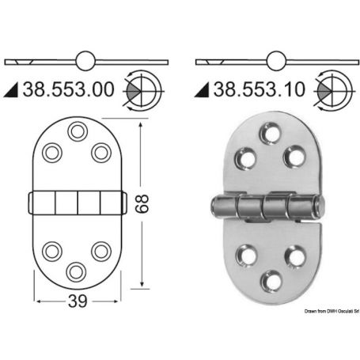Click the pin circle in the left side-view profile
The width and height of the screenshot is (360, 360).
[85, 60]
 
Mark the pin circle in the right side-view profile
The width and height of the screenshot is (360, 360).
[276, 60]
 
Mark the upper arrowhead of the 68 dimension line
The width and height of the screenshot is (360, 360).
[142, 121]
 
